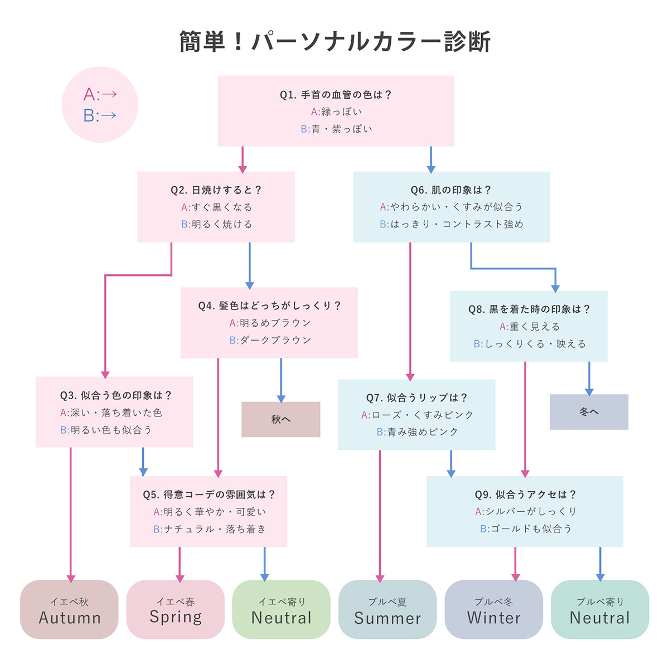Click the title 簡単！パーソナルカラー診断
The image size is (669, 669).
click(x=334, y=42)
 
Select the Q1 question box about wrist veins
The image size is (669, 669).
click(x=336, y=111)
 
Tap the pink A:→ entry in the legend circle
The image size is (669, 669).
click(x=100, y=94)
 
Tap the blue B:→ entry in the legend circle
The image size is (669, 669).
click(x=100, y=115)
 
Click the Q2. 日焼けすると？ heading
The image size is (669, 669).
click(x=216, y=190)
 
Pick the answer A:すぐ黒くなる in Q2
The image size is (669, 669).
click(x=216, y=207)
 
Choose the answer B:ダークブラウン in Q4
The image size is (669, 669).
click(x=270, y=340)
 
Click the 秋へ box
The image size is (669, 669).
click(x=281, y=419)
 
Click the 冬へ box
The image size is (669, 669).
click(x=589, y=412)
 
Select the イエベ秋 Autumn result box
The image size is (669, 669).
click(x=69, y=609)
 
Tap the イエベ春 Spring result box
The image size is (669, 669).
click(x=176, y=609)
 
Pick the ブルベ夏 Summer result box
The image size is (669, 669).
click(x=387, y=609)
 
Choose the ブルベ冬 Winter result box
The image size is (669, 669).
click(x=493, y=609)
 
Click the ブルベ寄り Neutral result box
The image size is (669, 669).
click(x=600, y=609)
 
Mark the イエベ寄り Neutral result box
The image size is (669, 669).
click(x=282, y=609)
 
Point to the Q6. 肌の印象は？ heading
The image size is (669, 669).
click(x=451, y=190)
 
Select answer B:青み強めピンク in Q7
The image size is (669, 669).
click(x=417, y=432)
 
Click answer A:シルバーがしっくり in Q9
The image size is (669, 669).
click(x=525, y=511)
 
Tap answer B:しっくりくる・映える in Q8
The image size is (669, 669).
click(x=530, y=344)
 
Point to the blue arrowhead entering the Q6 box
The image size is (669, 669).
click(x=431, y=168)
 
